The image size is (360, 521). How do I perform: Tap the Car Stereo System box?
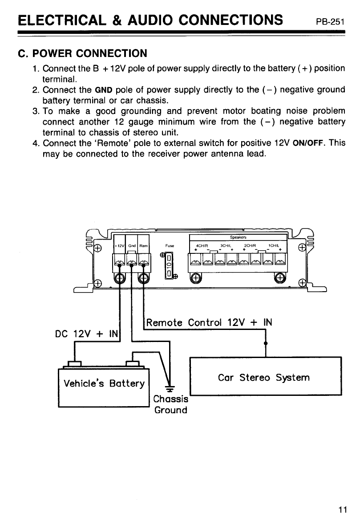coord(265,377)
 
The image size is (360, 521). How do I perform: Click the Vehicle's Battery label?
coord(104,383)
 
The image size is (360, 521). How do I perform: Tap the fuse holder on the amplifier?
coord(169,266)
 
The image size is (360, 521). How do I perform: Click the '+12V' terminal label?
coord(119,246)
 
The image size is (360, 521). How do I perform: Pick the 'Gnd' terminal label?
coord(132,246)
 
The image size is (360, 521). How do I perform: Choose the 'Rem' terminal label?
coord(143,246)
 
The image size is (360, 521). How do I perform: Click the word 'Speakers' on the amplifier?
coord(239,237)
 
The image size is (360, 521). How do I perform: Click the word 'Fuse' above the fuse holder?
coord(169,245)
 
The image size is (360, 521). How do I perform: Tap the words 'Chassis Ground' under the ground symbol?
coord(170,404)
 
